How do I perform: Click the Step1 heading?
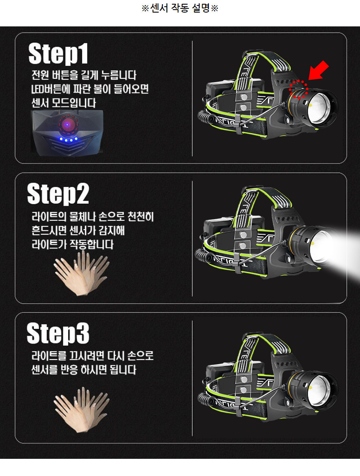58,54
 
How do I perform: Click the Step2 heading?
58,194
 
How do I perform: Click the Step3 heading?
58,333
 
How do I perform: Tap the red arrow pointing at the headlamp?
318,70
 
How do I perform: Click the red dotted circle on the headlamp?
299,89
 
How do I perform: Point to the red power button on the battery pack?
68,124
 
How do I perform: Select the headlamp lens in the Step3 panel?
320,390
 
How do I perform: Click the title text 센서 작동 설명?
180,8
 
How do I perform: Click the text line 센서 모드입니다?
64,103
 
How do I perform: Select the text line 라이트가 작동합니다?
72,244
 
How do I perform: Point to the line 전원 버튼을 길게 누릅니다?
84,75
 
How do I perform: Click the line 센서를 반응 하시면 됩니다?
84,370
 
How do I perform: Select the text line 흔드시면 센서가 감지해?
78,230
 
